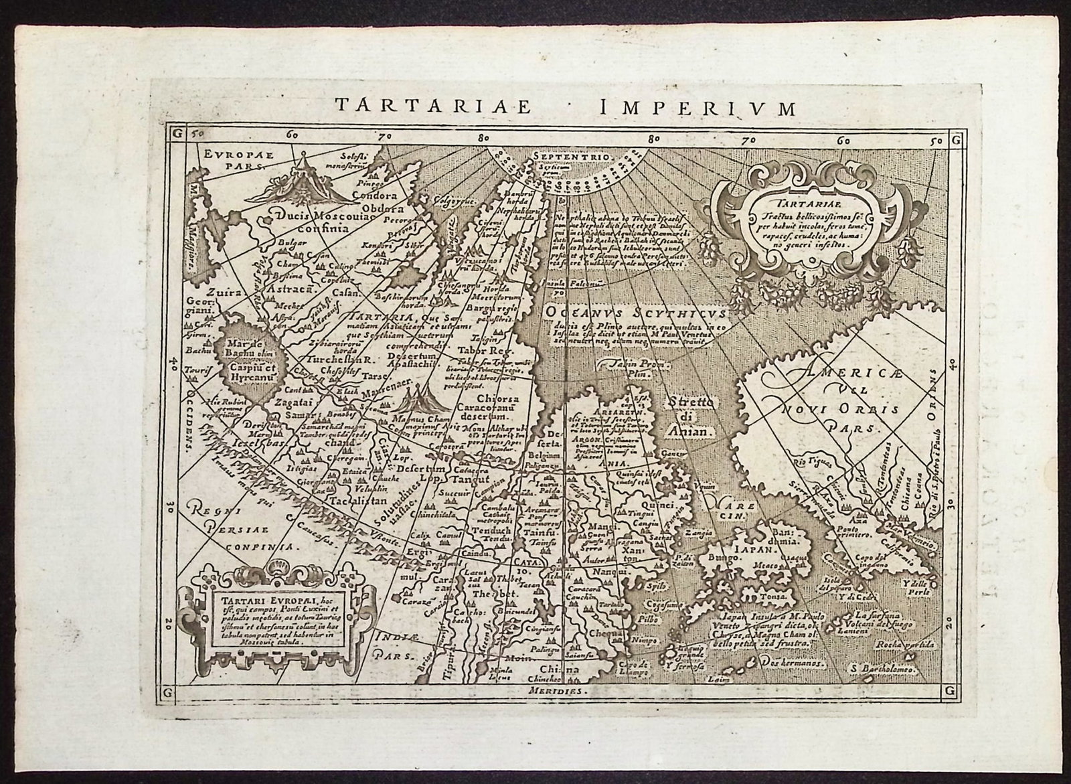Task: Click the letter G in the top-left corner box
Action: pos(177,133)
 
